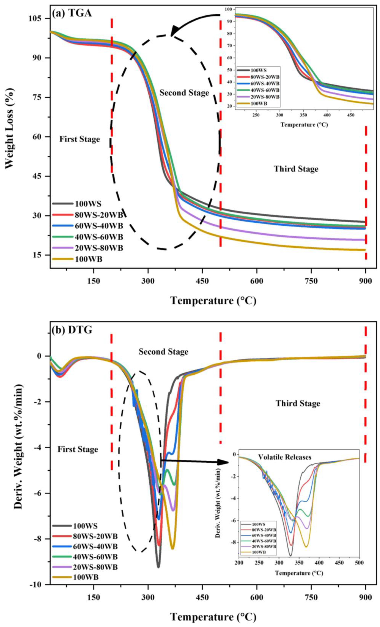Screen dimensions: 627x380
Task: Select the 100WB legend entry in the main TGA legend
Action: (x=88, y=259)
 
